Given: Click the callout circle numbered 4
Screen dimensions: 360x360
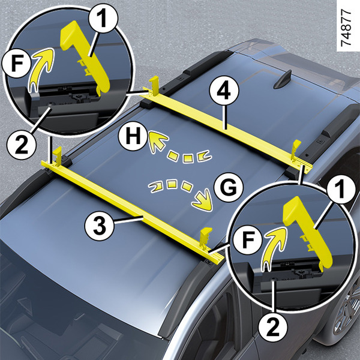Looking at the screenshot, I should tap(221, 93).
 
